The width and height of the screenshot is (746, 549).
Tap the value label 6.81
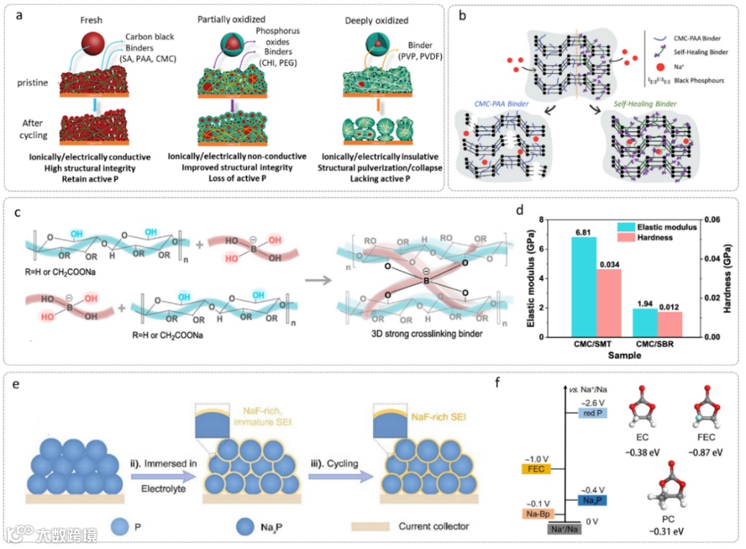[x=583, y=232]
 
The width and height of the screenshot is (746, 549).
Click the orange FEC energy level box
[x=535, y=469]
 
